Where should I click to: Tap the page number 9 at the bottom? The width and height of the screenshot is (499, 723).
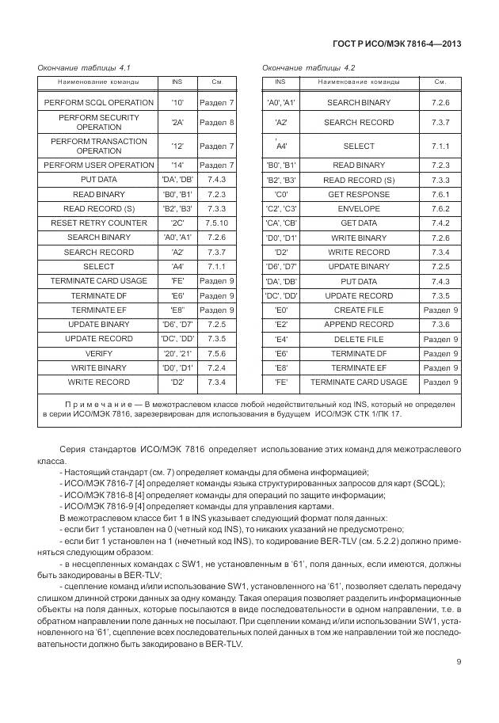pos(458,662)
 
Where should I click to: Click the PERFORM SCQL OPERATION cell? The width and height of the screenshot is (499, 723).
pos(98,103)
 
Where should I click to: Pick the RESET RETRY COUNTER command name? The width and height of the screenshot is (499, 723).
pos(98,223)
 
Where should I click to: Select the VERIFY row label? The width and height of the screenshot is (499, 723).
pos(98,354)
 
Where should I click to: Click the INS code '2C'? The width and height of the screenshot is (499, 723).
pos(177,223)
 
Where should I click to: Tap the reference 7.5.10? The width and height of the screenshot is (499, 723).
pos(216,223)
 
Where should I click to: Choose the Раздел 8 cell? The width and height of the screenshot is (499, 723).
pos(216,123)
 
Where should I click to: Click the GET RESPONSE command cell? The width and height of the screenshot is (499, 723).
pos(358,194)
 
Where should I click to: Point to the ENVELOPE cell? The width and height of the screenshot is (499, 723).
pos(358,208)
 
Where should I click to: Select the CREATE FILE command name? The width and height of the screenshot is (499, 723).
pos(358,310)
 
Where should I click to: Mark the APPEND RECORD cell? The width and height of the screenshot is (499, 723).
pos(358,325)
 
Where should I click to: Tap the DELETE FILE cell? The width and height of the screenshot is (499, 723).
pos(358,340)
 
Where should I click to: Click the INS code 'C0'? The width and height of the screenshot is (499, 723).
pos(280,194)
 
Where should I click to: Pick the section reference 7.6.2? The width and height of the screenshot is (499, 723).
pos(440,208)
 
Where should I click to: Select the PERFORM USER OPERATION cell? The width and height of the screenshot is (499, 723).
pos(98,166)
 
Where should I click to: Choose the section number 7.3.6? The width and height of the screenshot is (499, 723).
pos(440,325)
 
